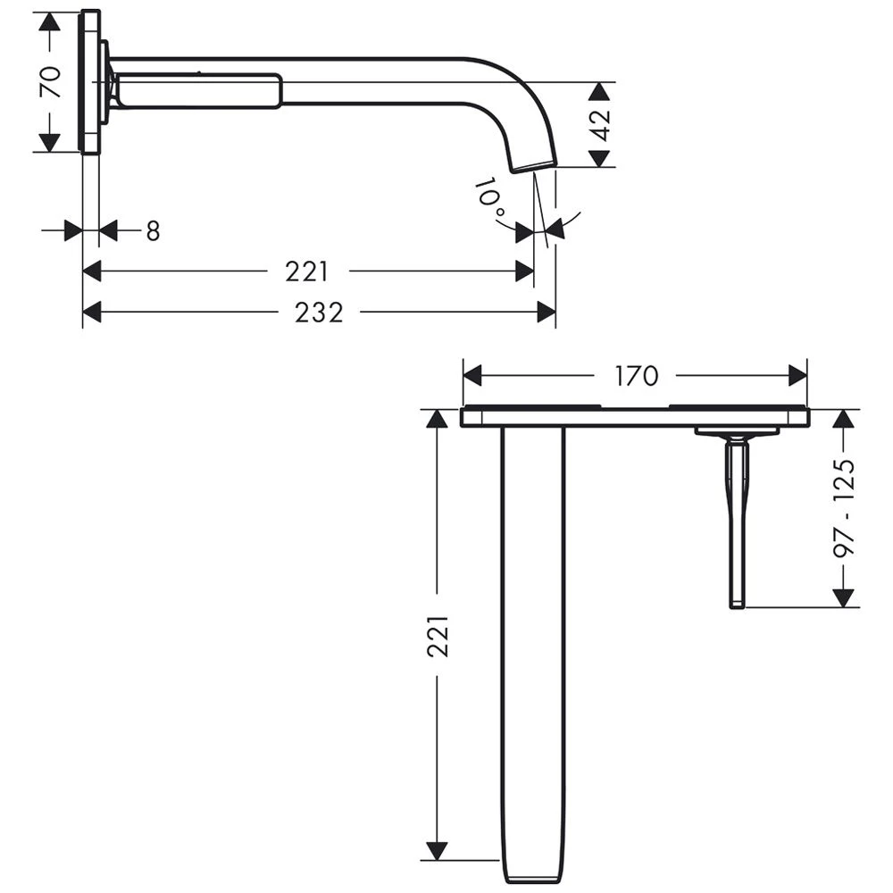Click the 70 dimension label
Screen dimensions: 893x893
click(x=51, y=81)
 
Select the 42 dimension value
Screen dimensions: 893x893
click(x=601, y=125)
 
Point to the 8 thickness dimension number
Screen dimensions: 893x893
click(x=154, y=231)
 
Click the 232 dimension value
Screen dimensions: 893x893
click(x=319, y=313)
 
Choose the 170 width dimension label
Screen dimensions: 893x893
click(x=636, y=376)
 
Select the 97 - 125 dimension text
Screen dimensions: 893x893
click(x=845, y=508)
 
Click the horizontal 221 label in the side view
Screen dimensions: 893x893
click(x=307, y=271)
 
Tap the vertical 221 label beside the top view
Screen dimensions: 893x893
click(x=438, y=636)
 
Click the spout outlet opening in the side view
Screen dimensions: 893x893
click(x=534, y=166)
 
